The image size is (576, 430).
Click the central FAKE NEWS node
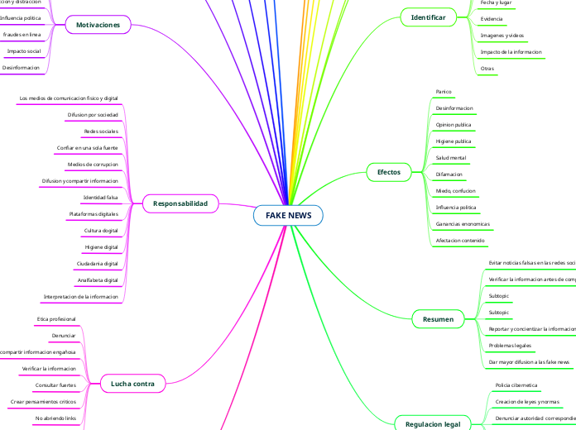(288, 215)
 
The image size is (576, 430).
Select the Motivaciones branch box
(98, 26)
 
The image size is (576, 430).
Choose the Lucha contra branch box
(132, 383)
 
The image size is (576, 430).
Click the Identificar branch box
(429, 17)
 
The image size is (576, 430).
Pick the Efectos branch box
(389, 172)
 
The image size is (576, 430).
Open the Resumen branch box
(438, 318)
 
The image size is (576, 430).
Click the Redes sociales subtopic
(101, 131)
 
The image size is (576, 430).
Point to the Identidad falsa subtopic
(101, 198)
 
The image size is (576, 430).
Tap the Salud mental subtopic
(451, 157)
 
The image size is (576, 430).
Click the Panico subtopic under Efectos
(444, 91)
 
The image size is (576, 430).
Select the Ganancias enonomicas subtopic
(463, 224)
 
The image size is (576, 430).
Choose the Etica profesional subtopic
(56, 318)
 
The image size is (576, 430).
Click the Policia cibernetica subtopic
(516, 385)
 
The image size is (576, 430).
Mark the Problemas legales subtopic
(511, 345)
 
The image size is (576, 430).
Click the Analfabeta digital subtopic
(98, 279)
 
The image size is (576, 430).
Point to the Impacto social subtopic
(24, 51)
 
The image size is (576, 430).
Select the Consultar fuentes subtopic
(55, 385)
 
